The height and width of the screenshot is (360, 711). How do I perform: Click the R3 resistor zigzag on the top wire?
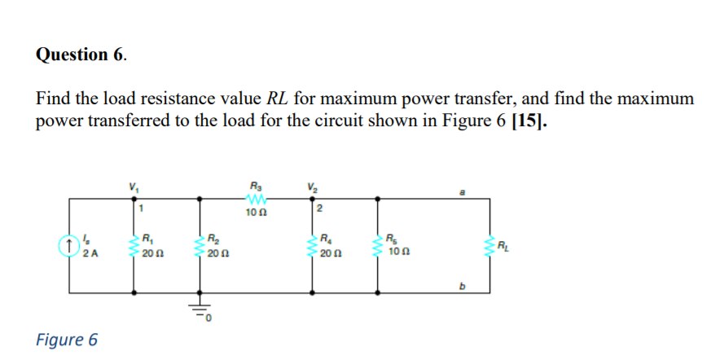(252, 200)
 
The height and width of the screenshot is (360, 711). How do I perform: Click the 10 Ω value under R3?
(252, 213)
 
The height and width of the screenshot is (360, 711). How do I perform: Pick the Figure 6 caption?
(67, 338)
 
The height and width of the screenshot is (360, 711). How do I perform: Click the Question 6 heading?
(81, 55)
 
